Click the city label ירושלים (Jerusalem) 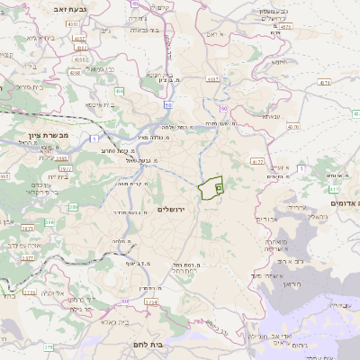point(170,210)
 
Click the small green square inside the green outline point(219,189)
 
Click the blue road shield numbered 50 point(168,105)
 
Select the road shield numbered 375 point(48,346)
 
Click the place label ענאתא point(273,115)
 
